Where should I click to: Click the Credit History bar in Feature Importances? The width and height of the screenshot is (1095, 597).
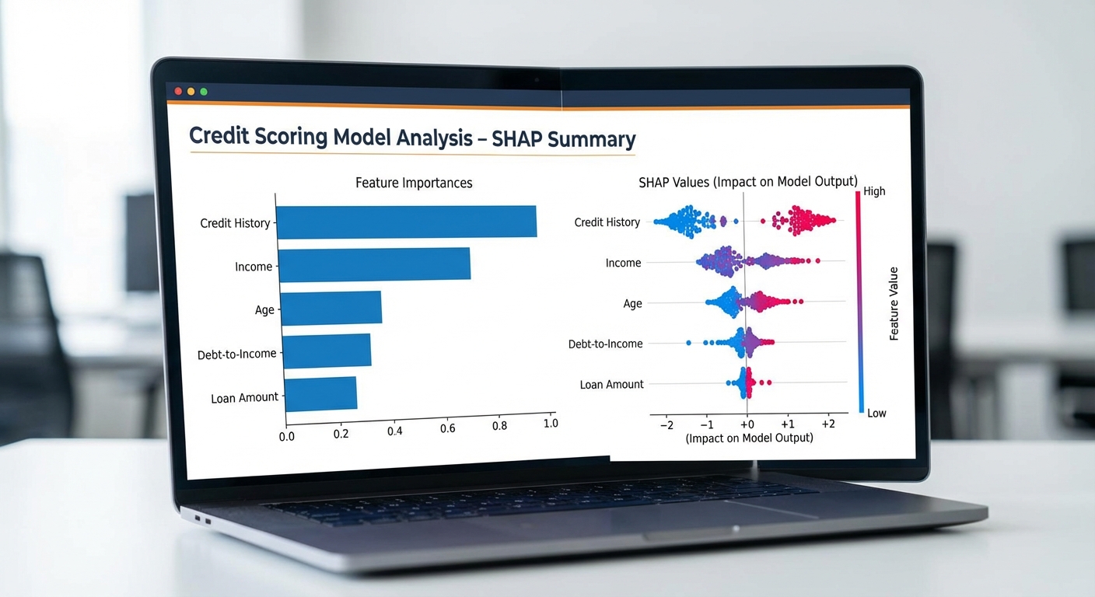pos(406,222)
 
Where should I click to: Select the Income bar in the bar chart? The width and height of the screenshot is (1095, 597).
pos(374,264)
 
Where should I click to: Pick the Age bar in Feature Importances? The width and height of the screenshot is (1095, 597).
pos(331,308)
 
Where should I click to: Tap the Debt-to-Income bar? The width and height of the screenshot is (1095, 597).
pos(326,351)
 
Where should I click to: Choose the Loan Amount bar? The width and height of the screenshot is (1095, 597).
pos(320,393)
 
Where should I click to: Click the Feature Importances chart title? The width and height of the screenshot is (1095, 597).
pos(414,183)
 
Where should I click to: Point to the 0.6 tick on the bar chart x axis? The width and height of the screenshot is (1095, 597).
pos(448,428)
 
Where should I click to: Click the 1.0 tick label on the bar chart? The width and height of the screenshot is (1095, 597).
pos(551,424)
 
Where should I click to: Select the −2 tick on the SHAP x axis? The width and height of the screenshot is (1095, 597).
pos(666,425)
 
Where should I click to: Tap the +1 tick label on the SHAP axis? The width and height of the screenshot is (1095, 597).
pos(787,424)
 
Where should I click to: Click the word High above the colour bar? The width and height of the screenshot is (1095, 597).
pos(874,191)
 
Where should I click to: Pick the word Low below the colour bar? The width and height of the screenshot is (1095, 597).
pos(876,413)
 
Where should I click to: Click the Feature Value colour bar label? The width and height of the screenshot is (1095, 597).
pos(894,304)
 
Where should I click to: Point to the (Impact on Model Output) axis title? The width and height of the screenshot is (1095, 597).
pos(749,438)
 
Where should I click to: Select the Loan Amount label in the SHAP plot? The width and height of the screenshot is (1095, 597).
pos(612,385)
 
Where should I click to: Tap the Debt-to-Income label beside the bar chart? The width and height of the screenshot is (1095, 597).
pos(237,354)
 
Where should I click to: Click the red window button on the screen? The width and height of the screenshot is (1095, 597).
pos(178,91)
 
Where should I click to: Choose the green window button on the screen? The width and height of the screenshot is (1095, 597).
pos(204,92)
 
